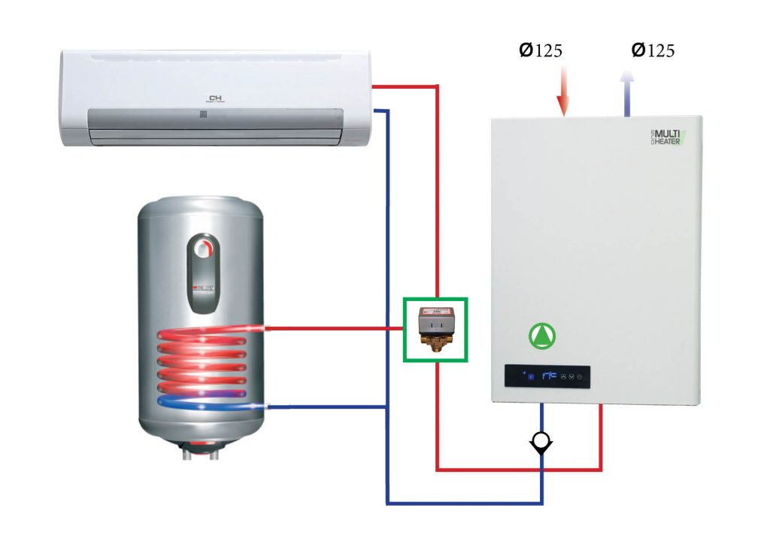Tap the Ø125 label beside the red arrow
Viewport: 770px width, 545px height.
541,50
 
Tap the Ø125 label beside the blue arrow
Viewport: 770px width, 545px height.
653,50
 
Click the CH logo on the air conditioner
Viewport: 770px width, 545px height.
216,99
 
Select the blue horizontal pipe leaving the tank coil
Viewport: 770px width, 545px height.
327,407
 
